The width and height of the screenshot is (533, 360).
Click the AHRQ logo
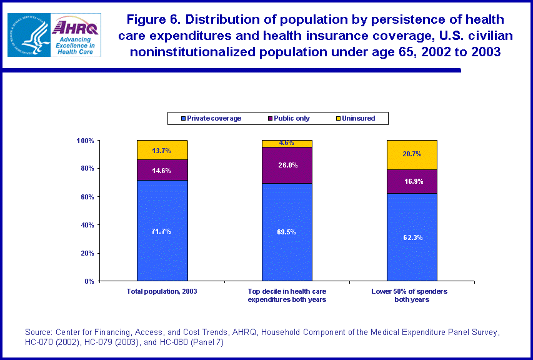(77, 35)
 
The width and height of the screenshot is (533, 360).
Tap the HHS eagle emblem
(28, 35)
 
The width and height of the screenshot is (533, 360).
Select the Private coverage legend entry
(211, 118)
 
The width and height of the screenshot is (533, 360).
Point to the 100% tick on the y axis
(85, 141)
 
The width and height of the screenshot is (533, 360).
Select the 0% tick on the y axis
(87, 281)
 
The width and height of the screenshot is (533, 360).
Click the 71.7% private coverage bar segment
(162, 231)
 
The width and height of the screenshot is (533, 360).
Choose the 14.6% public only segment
(162, 170)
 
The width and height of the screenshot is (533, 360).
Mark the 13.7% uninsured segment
(162, 150)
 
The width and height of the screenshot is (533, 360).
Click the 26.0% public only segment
(287, 165)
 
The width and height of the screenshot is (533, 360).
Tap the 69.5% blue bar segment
(287, 232)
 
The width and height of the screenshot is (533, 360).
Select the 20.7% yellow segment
(412, 154)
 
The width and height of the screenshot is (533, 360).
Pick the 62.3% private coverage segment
(412, 237)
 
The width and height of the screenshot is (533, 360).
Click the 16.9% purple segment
(412, 182)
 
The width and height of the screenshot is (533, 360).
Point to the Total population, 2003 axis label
(162, 292)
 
